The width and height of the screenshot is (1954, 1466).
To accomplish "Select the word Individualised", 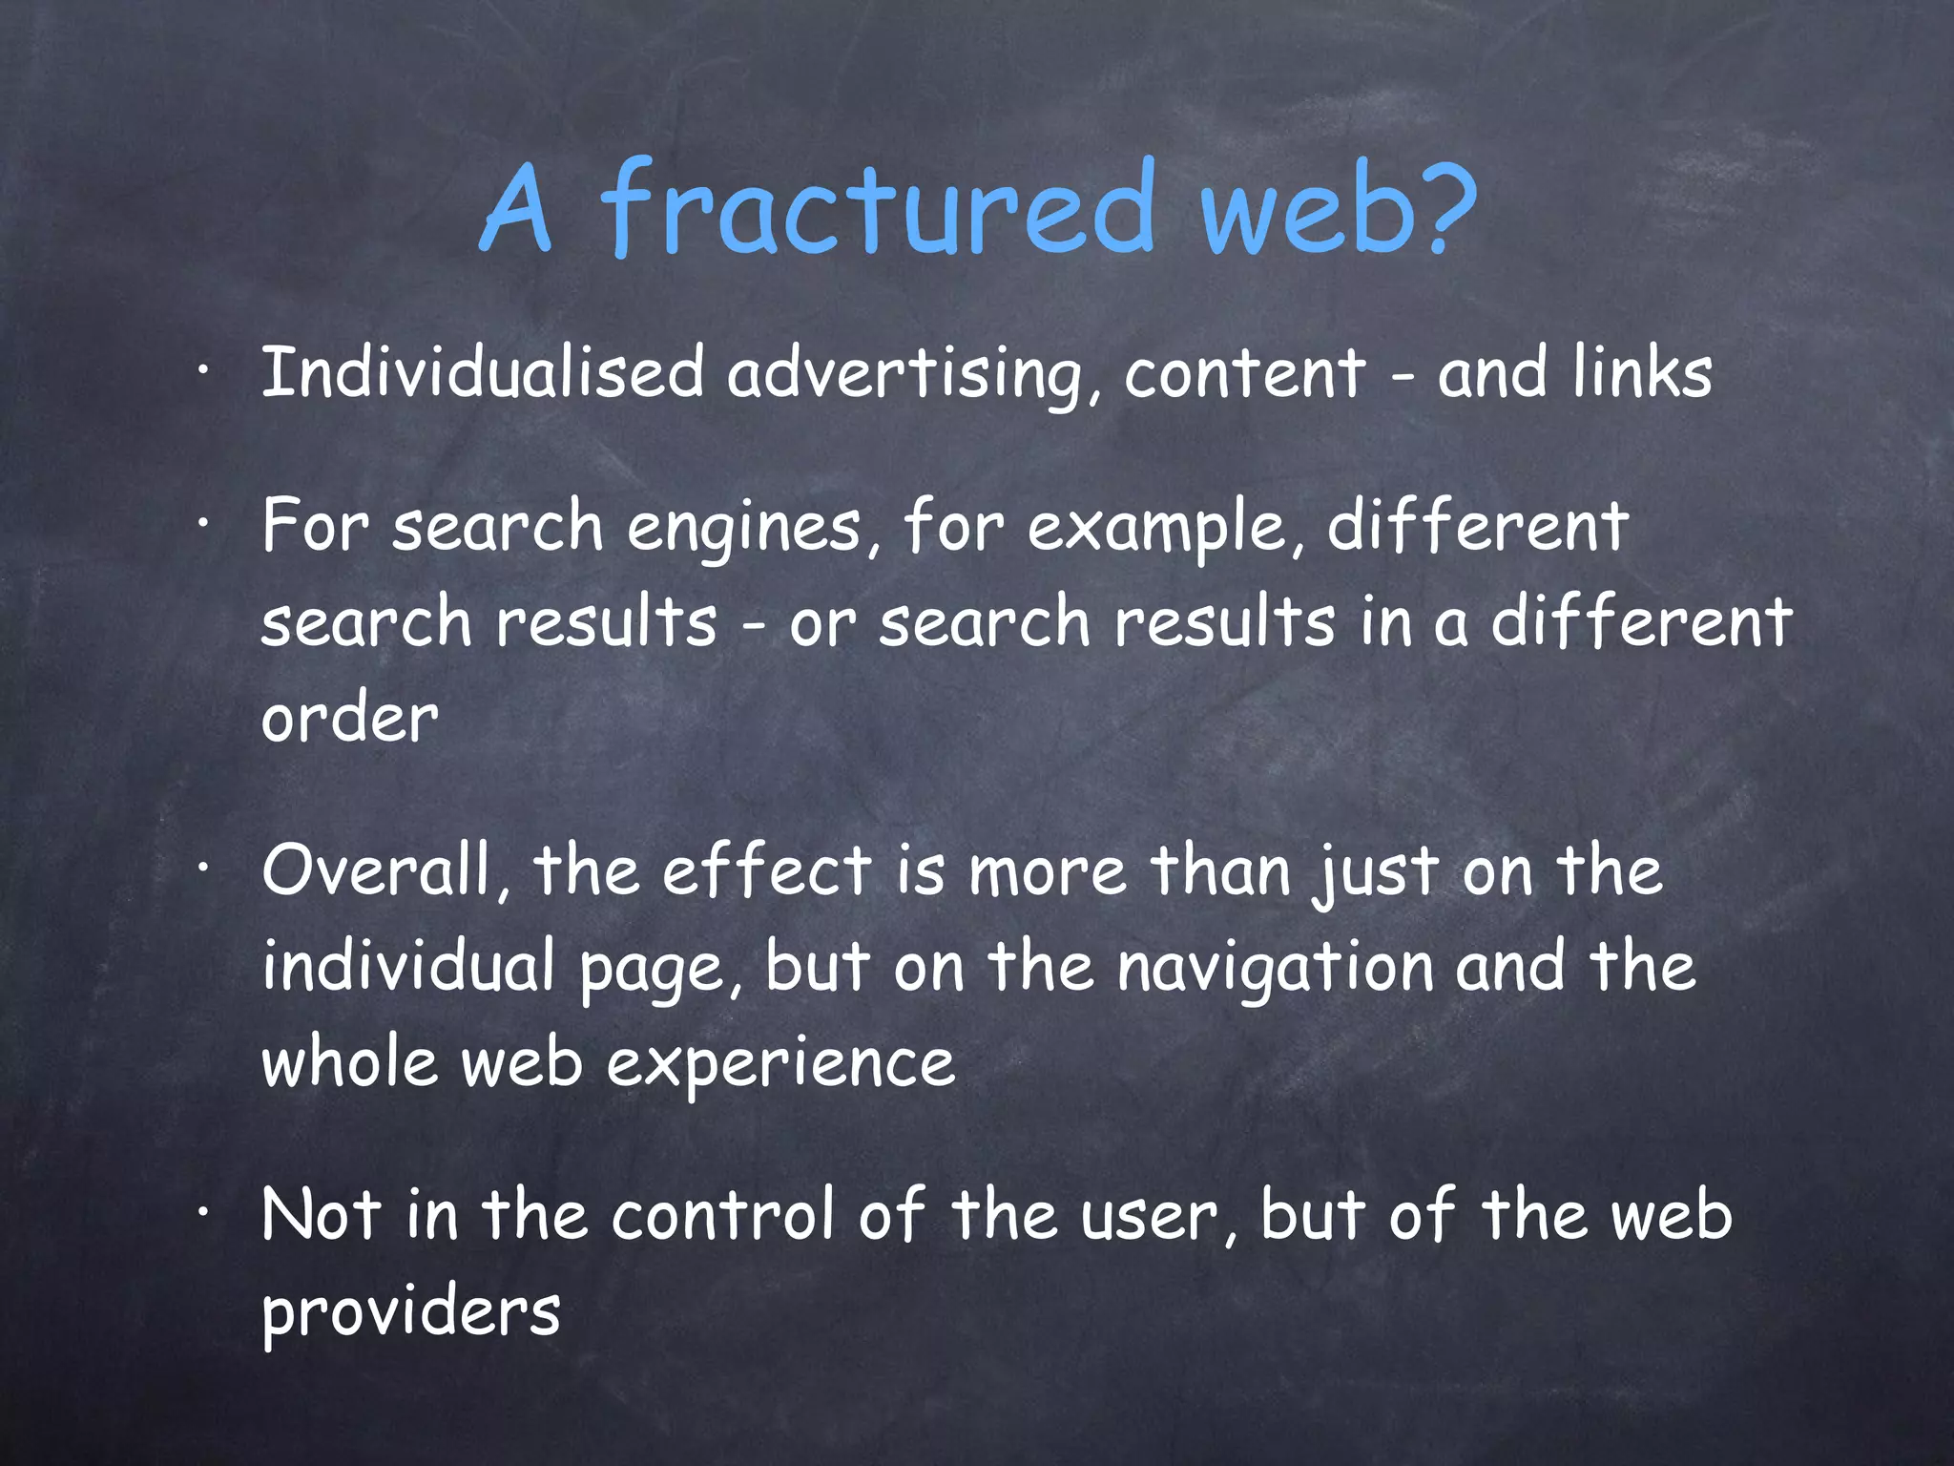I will (x=482, y=373).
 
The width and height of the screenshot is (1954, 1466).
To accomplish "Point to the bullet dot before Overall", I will (x=201, y=870).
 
